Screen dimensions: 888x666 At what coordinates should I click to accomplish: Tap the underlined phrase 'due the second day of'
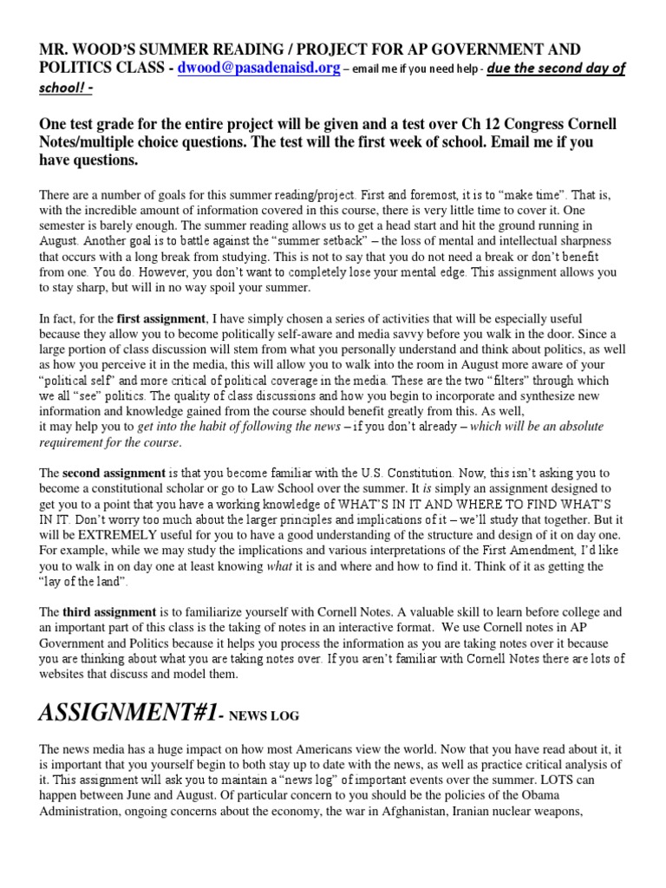click(555, 69)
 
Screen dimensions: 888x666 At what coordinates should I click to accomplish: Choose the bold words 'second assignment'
click(114, 473)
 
